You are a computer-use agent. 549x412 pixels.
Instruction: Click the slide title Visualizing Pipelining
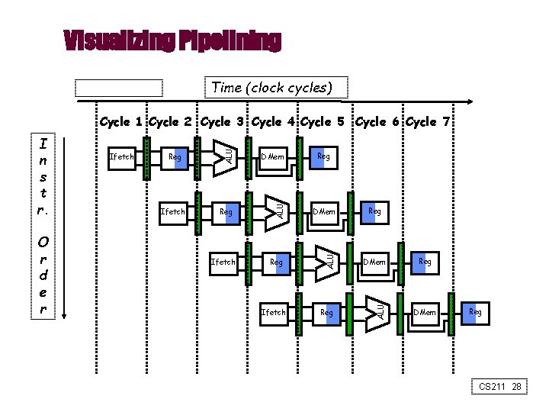click(172, 40)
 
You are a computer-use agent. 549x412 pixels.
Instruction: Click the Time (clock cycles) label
click(271, 88)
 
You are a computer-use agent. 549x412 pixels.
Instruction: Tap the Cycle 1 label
click(122, 122)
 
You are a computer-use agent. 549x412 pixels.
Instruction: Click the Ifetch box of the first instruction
click(122, 157)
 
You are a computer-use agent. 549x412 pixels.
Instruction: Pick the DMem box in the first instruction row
click(273, 157)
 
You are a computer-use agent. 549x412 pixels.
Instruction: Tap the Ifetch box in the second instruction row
click(172, 211)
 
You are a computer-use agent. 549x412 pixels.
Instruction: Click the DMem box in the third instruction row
click(374, 262)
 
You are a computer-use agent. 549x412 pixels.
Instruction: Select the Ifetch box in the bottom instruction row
click(273, 313)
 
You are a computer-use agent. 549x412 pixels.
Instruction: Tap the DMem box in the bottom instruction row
click(425, 313)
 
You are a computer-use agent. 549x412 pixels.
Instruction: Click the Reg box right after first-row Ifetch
click(175, 157)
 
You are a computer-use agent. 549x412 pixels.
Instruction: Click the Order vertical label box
click(44, 272)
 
